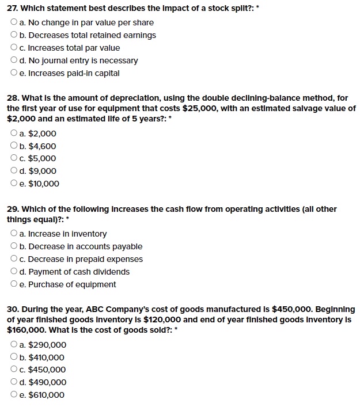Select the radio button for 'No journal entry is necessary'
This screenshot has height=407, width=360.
pos(14,60)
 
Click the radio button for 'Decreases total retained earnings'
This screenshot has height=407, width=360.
pos(14,35)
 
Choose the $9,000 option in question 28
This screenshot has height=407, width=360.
pos(14,171)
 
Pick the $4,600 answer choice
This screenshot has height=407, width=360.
pos(14,146)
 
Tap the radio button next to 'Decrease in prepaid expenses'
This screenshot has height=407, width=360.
pos(14,259)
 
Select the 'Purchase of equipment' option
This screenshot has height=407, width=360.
pos(14,284)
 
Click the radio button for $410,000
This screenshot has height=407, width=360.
pos(14,357)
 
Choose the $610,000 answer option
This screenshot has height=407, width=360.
pos(14,395)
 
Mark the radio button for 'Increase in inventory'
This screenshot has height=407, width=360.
pos(14,234)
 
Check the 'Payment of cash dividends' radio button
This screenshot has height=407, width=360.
pos(14,272)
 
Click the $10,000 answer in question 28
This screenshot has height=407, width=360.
pos(14,184)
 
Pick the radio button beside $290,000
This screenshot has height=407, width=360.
pos(14,345)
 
